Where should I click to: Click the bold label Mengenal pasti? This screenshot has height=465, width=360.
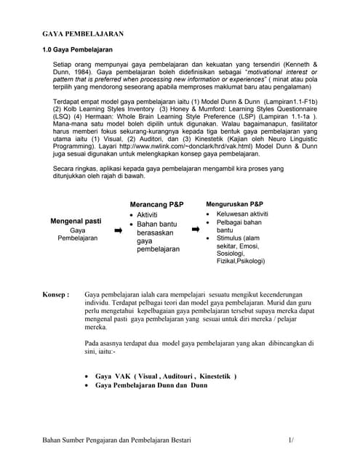click(76, 220)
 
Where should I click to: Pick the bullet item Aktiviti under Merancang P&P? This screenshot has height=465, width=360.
click(152, 216)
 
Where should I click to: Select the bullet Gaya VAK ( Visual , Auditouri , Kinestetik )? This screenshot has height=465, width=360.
click(166, 376)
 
